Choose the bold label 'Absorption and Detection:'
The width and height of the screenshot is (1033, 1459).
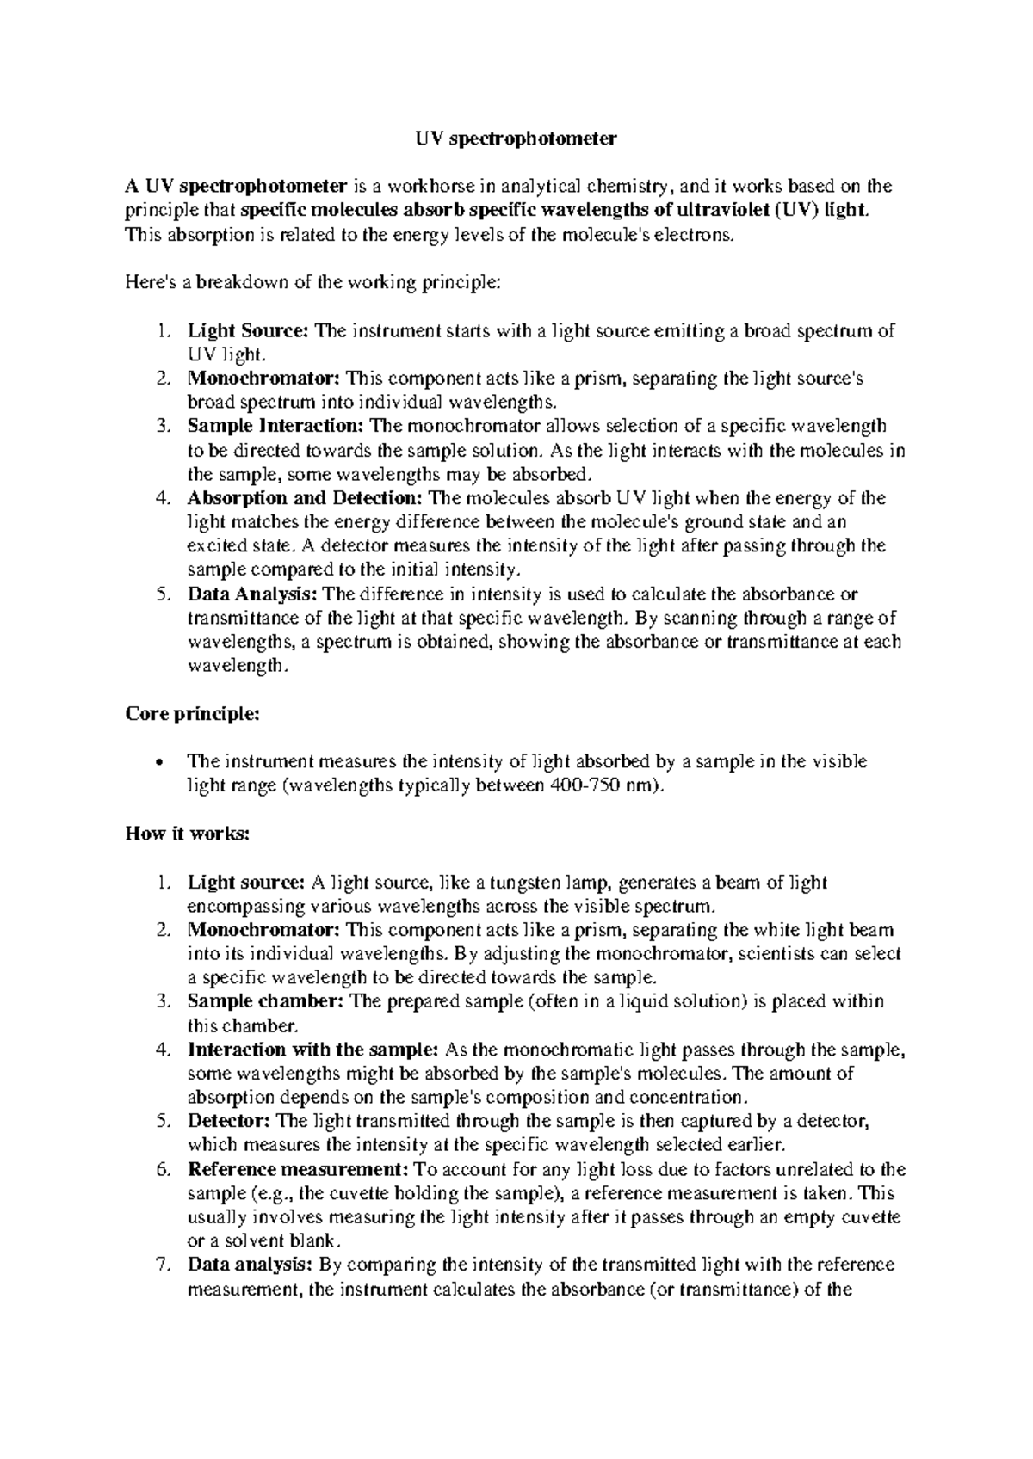point(305,498)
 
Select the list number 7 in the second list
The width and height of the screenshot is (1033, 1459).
point(164,1265)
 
